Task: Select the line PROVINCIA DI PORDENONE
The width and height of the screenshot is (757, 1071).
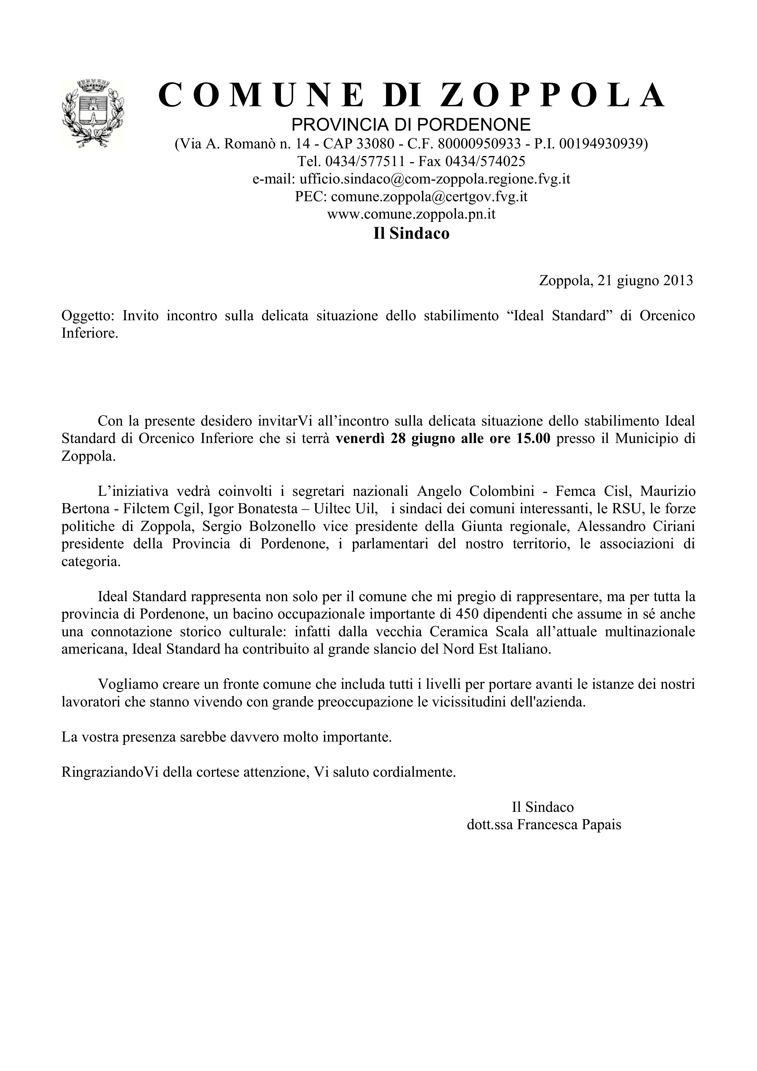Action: point(411,125)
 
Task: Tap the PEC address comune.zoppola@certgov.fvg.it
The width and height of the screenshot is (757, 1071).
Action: point(429,197)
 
